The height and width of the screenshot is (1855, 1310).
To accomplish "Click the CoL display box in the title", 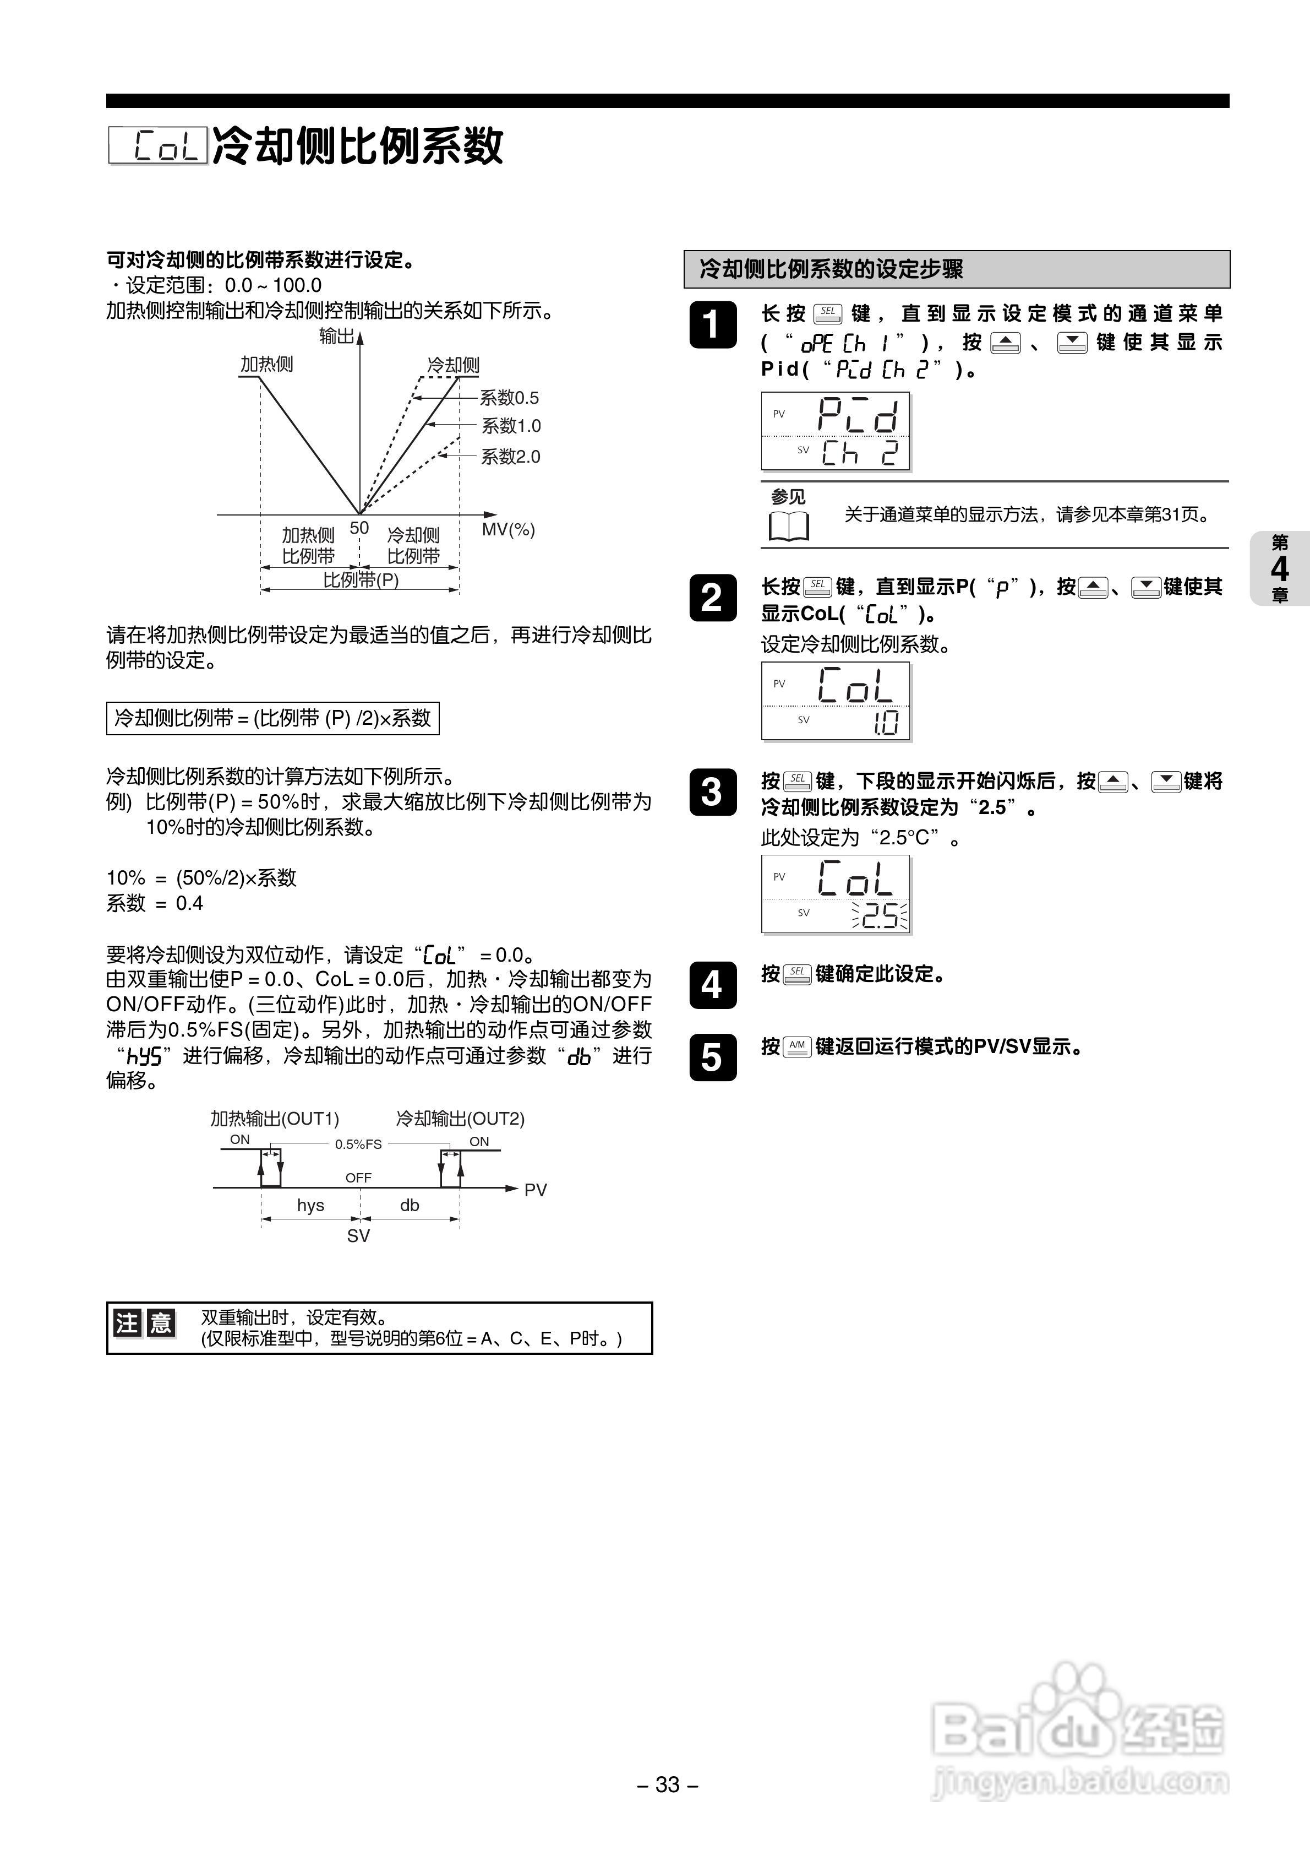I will pyautogui.click(x=159, y=147).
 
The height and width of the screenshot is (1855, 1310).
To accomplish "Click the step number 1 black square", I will pyautogui.click(x=712, y=325).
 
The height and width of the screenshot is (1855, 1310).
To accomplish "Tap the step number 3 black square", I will pyautogui.click(x=712, y=792).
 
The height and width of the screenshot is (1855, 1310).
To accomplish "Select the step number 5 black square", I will pyautogui.click(x=712, y=1057).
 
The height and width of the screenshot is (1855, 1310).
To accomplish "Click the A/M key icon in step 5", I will pyautogui.click(x=797, y=1046).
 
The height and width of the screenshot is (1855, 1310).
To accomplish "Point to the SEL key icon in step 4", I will pyautogui.click(x=797, y=974).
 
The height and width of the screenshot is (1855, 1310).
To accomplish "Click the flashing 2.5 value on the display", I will pyautogui.click(x=878, y=915).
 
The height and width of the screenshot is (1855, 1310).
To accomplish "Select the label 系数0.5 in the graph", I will pyautogui.click(x=509, y=398).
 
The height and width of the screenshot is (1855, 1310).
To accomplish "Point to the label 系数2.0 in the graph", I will pyautogui.click(x=510, y=457).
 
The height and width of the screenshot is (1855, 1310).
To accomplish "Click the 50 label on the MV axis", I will pyautogui.click(x=359, y=528).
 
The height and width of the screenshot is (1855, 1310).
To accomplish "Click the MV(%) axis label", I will pyautogui.click(x=508, y=529).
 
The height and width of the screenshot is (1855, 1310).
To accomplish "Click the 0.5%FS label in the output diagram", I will pyautogui.click(x=358, y=1144).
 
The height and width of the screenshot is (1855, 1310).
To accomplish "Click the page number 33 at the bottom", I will pyautogui.click(x=667, y=1784).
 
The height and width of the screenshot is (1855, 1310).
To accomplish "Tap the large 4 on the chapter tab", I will pyautogui.click(x=1279, y=569).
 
